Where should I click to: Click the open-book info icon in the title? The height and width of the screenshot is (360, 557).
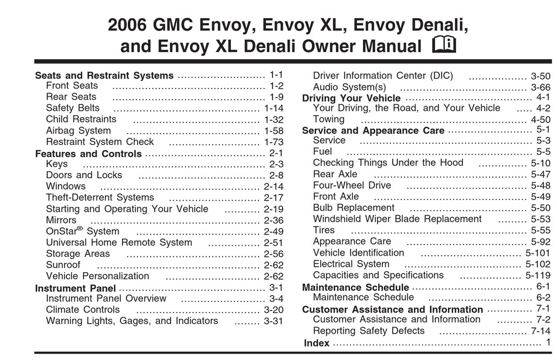444,45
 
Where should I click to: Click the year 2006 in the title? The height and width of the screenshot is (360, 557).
127,25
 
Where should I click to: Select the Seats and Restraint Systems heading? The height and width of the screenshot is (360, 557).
104,75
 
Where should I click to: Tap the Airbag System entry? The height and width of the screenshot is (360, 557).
79,130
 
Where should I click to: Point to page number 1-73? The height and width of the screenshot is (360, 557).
274,142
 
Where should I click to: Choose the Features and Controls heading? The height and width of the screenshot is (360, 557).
89,154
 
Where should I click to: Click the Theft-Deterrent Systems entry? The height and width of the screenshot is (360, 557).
100,197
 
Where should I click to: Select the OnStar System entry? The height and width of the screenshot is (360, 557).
83,231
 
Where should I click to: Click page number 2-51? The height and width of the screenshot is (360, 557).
274,243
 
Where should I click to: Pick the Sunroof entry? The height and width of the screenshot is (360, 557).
63,265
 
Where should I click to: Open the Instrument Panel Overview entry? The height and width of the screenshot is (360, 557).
106,298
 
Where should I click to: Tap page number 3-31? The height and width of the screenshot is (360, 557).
274,321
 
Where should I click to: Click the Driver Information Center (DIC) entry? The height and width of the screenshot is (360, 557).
383,75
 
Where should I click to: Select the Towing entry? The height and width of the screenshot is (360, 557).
328,119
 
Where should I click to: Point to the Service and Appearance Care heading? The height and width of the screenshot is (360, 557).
373,130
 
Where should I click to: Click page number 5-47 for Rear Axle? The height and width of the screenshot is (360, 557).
541,174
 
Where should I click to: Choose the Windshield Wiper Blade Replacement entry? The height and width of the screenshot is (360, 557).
397,219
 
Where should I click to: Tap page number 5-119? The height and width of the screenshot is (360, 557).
538,275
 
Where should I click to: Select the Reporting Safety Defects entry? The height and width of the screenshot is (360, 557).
369,331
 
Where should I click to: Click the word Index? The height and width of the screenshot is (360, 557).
317,343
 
